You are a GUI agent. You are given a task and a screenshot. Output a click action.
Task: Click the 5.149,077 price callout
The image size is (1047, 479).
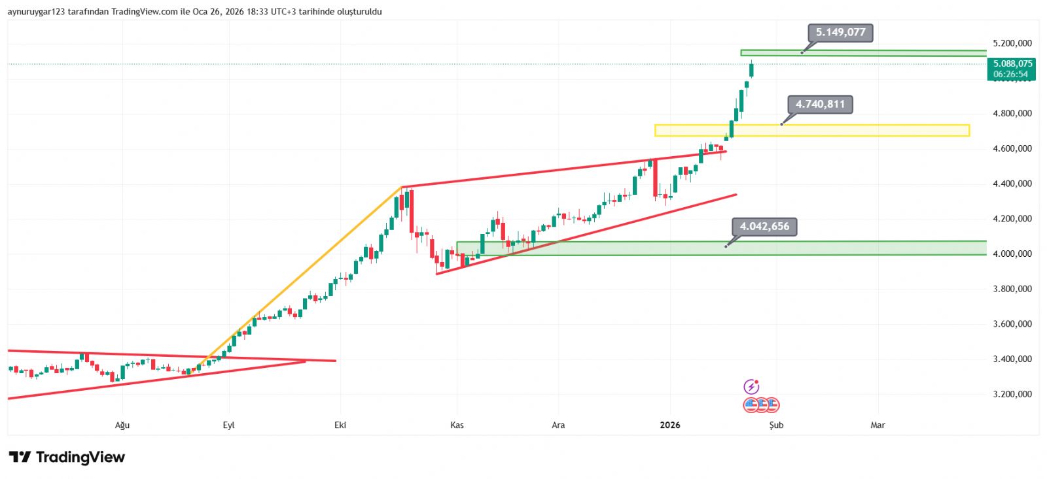click(x=840, y=33)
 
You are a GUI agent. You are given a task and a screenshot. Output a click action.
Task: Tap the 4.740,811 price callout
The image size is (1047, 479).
click(x=820, y=105)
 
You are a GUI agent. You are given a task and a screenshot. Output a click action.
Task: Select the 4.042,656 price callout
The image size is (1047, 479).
click(x=764, y=227)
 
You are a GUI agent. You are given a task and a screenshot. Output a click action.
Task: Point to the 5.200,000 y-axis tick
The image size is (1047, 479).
click(x=1012, y=44)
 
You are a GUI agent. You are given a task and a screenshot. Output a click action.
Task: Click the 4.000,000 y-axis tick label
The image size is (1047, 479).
click(x=1012, y=254)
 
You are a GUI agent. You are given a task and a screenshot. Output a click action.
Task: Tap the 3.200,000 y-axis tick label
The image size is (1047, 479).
click(x=1012, y=395)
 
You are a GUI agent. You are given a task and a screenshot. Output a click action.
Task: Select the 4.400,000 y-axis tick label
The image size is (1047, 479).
click(x=1012, y=184)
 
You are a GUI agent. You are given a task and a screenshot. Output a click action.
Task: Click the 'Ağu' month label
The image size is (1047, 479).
click(x=122, y=425)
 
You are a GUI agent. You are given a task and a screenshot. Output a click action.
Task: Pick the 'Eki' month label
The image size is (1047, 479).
click(x=340, y=425)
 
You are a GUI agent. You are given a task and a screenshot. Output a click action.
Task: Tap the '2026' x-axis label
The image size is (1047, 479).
click(x=670, y=425)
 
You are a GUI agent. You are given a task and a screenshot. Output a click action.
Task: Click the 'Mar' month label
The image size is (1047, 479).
click(x=878, y=425)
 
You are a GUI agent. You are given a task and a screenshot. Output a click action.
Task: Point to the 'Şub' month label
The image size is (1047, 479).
click(x=776, y=425)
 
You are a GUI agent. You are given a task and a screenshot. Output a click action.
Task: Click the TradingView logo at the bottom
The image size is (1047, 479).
click(x=67, y=457)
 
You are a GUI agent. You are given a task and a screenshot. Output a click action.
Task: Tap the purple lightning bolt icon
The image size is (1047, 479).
click(x=751, y=386)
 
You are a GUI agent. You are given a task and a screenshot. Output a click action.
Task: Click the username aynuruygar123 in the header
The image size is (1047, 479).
click(x=36, y=12)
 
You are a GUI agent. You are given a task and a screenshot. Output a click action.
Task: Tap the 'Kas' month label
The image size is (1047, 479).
click(x=457, y=425)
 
